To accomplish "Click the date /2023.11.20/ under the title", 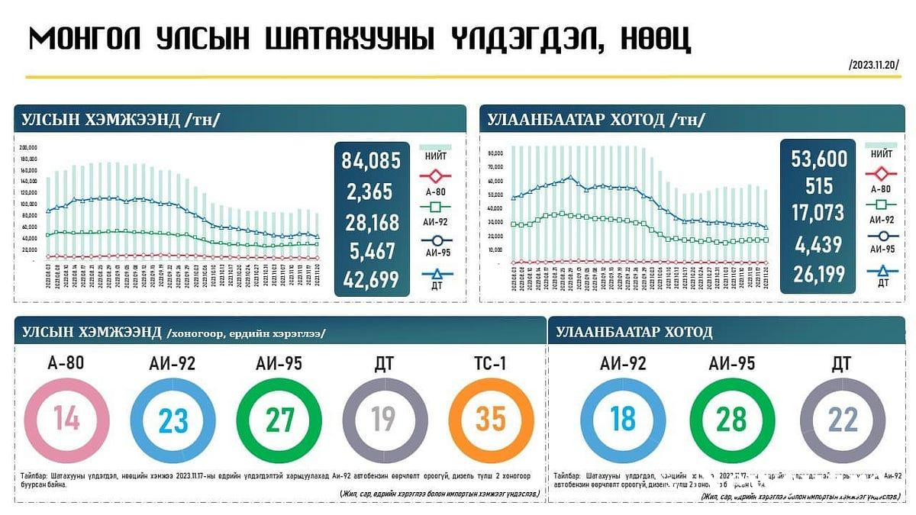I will (x=873, y=65).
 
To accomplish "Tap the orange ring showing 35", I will (x=491, y=419).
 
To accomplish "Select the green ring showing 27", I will (x=278, y=419).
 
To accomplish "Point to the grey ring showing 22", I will (x=842, y=419).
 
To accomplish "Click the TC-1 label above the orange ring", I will (x=491, y=363).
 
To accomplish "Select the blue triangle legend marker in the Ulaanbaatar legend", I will (x=882, y=269).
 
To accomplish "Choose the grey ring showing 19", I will (x=384, y=419).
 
